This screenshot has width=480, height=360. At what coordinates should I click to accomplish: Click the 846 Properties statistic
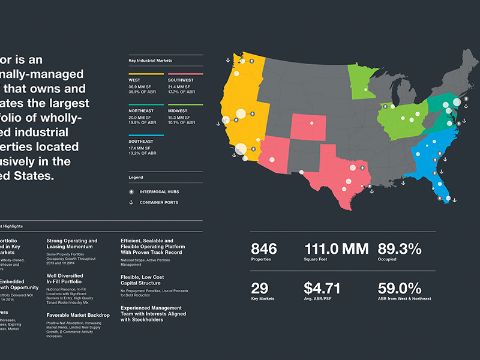pos(263,249)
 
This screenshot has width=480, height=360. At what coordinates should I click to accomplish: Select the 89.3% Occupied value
pos(400,249)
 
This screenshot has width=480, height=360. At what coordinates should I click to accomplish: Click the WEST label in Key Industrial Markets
pos(135,80)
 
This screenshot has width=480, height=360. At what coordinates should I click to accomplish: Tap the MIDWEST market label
pos(178,111)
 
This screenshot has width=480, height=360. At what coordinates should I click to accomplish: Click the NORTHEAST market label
pos(142,111)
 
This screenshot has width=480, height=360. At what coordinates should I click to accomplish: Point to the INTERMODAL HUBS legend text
pos(159,192)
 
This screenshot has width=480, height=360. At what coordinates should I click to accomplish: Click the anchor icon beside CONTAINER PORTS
pos(131,203)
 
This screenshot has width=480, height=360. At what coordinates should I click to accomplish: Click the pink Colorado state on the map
pos(310,129)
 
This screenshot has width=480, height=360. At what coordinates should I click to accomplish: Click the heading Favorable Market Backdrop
pos(77,315)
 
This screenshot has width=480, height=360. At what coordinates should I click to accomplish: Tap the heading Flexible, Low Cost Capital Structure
pos(142,281)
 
